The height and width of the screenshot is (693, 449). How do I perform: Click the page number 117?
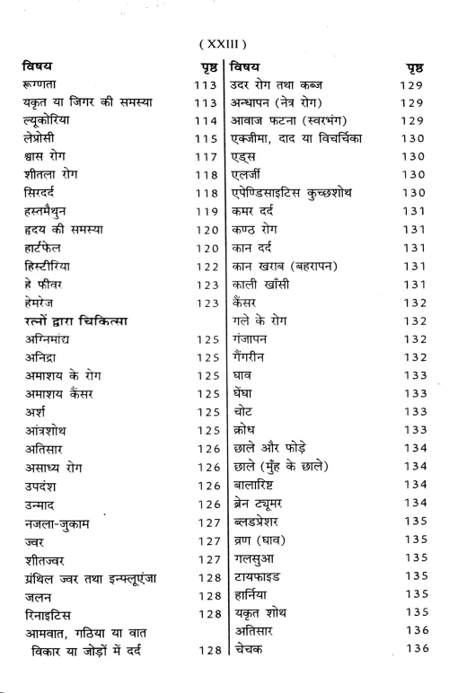pyautogui.click(x=206, y=162)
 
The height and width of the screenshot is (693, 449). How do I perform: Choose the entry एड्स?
pyautogui.click(x=248, y=162)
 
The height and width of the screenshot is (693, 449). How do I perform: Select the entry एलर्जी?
pyautogui.click(x=251, y=180)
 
